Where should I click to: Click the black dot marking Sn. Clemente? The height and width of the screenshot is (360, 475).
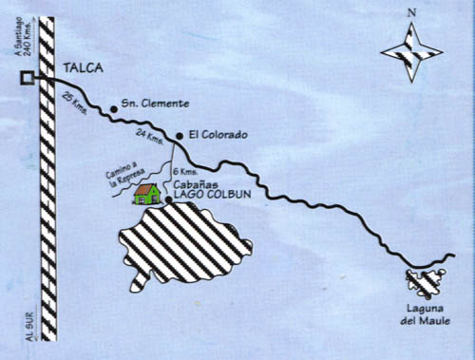coord(114,108)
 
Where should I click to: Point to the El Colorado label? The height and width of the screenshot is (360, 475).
coord(218,136)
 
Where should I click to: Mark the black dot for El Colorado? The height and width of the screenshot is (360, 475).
coord(178,135)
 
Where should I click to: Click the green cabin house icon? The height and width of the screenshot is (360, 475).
coord(146,195)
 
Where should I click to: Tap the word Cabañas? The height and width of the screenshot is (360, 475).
coord(191,186)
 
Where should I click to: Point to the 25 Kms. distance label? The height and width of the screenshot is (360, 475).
coord(74,104)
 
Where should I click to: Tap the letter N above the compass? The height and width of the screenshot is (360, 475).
coord(410,14)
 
